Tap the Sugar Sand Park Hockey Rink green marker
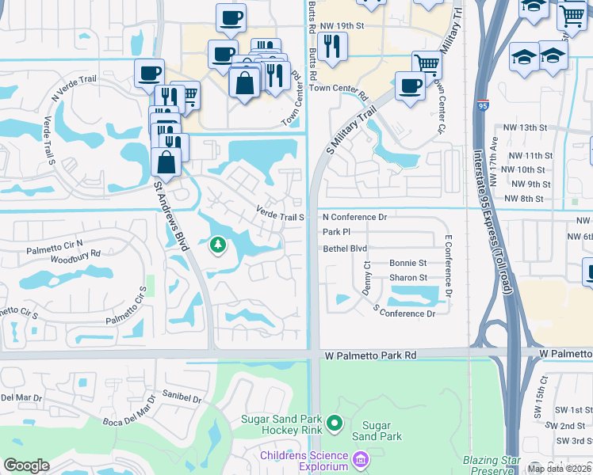click(x=334, y=424)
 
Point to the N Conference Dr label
click(x=354, y=217)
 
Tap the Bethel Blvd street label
click(x=345, y=248)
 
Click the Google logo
click(x=26, y=465)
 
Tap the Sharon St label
click(x=408, y=278)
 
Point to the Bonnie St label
click(x=408, y=263)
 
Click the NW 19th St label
click(x=373, y=25)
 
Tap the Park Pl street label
click(x=337, y=232)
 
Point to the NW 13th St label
click(x=526, y=127)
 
